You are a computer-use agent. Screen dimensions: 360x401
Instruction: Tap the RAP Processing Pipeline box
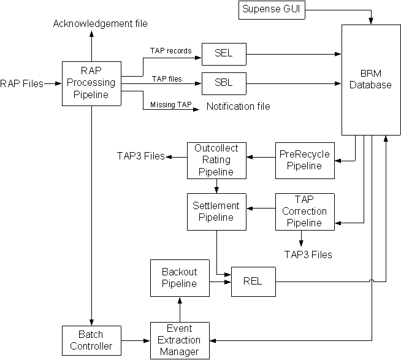click(x=91, y=83)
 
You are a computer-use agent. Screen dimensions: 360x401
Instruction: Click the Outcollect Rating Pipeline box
click(x=216, y=159)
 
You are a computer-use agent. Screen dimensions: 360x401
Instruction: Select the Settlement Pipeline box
click(x=216, y=212)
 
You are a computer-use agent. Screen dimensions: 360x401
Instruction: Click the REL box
click(x=252, y=281)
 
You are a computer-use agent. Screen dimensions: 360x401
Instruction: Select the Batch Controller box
click(x=91, y=341)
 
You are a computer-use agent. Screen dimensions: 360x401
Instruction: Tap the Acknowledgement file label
click(x=100, y=24)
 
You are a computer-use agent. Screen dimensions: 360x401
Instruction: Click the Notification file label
click(x=238, y=107)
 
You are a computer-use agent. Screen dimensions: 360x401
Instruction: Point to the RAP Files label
click(x=22, y=83)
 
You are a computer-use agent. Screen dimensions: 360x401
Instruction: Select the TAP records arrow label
click(x=170, y=51)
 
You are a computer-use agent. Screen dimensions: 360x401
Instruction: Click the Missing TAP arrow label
click(x=167, y=105)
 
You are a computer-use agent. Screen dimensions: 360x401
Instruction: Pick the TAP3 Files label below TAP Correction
click(x=308, y=253)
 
